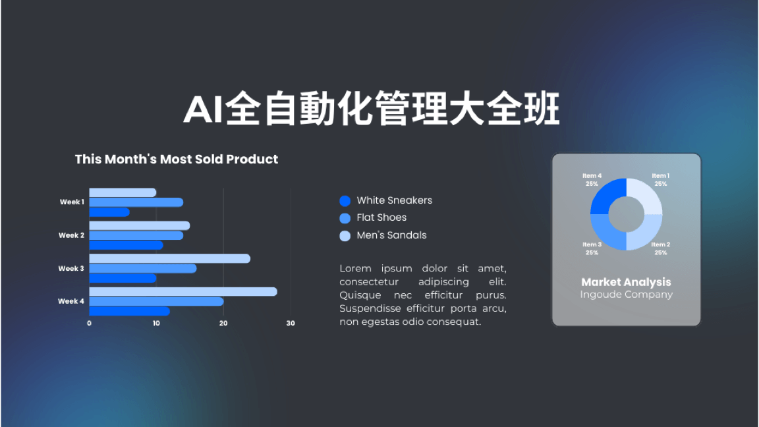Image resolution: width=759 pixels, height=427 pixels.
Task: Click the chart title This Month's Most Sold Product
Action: [176, 159]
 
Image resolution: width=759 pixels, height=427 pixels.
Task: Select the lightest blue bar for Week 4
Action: [183, 291]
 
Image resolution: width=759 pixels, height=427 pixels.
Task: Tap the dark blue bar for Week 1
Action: [109, 212]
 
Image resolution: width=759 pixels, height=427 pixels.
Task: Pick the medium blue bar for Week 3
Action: [143, 268]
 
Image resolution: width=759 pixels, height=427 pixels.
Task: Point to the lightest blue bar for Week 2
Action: [140, 225]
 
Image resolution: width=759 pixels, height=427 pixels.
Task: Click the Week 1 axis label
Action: [72, 202]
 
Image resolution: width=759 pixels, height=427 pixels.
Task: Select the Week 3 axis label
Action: [71, 268]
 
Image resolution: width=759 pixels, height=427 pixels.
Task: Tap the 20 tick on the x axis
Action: [223, 324]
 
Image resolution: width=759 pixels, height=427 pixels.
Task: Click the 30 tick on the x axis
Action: [291, 324]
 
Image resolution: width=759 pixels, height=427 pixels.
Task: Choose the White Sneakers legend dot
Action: [345, 201]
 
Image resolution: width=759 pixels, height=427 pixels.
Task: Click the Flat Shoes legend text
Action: [381, 218]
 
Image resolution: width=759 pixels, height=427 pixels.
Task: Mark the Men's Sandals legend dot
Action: [345, 236]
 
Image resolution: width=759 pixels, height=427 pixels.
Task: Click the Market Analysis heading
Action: [627, 282]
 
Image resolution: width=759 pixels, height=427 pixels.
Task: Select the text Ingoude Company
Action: [627, 295]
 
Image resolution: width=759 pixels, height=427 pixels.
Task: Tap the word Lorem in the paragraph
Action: [355, 268]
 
